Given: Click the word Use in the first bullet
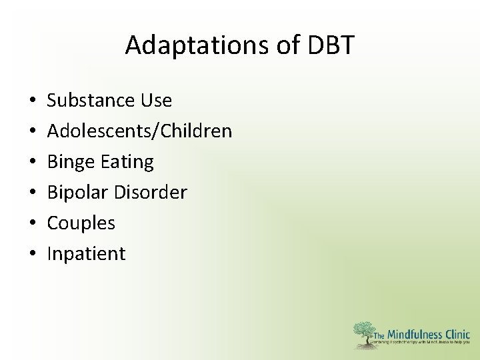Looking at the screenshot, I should (x=156, y=101).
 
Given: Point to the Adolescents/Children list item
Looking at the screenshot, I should (x=139, y=131).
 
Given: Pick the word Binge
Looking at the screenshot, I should (x=70, y=162).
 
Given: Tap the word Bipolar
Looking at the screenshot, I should (x=77, y=193).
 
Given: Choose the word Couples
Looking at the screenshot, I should (x=81, y=223).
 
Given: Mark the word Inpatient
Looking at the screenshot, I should (x=86, y=254).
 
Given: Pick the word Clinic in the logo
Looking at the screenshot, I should (x=457, y=334).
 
